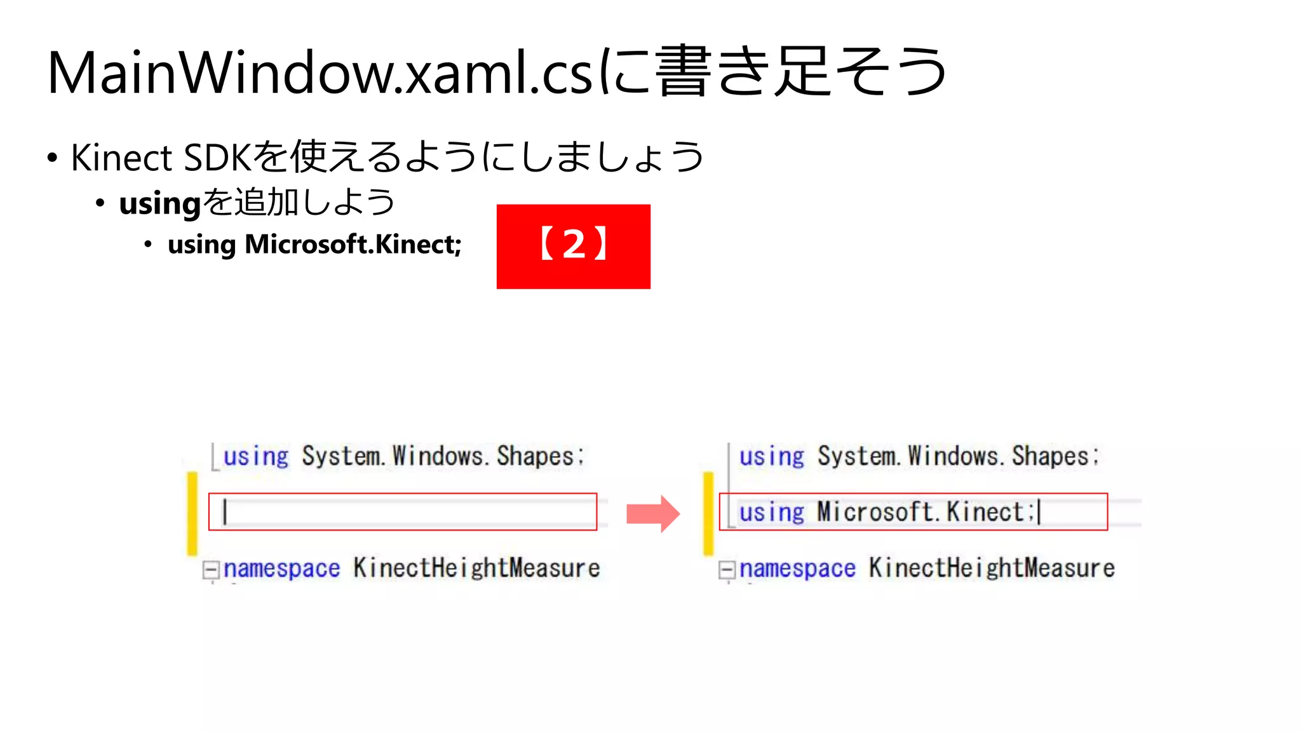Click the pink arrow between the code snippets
coord(653,513)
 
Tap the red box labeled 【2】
coord(573,247)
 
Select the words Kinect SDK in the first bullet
coord(161,158)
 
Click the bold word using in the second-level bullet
coord(159,204)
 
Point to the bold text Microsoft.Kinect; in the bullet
coord(353,245)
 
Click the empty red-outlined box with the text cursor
coord(403,512)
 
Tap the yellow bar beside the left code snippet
coord(192,513)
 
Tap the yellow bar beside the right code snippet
coord(708,513)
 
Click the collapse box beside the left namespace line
coord(210,569)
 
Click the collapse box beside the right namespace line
coord(726,569)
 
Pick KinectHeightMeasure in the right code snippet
coord(992,568)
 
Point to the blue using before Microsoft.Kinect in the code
coord(771,512)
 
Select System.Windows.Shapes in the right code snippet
coord(958,456)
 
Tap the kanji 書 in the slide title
coord(683,72)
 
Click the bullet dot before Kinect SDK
coord(52,158)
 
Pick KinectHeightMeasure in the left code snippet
coord(476,568)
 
